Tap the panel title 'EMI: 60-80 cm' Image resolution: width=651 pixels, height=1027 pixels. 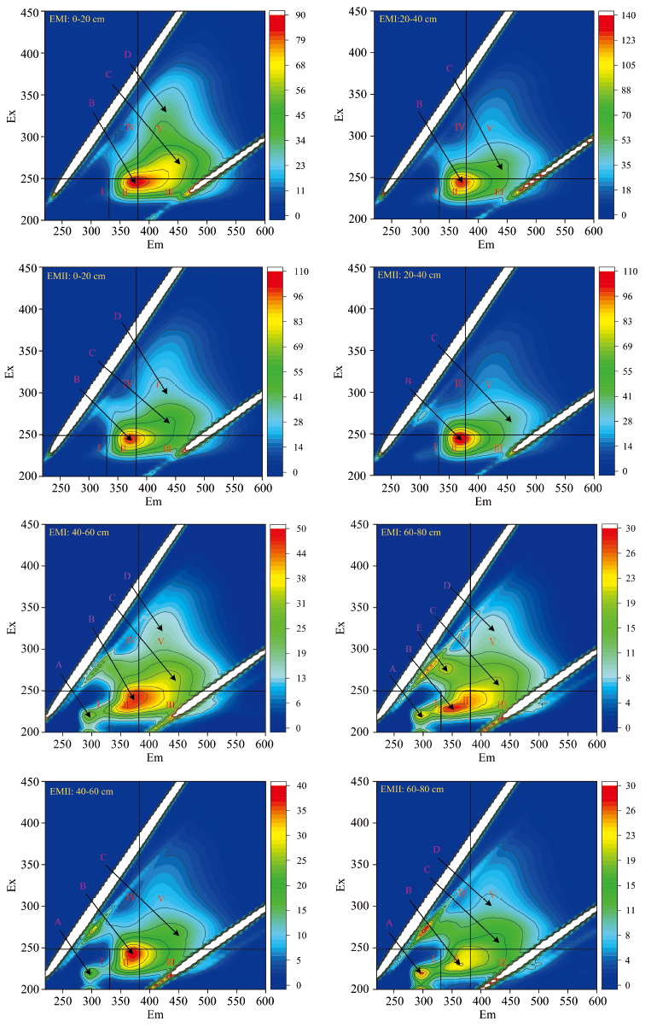(408, 533)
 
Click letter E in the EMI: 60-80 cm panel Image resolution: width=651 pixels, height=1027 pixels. (418, 628)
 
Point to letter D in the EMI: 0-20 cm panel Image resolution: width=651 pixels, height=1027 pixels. (128, 55)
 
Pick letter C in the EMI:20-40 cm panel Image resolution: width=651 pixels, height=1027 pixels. (449, 68)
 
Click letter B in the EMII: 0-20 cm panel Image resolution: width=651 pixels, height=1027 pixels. (77, 379)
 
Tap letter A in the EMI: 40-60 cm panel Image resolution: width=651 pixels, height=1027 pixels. (59, 664)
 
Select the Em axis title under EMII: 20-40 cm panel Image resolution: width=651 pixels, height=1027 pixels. (483, 502)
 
